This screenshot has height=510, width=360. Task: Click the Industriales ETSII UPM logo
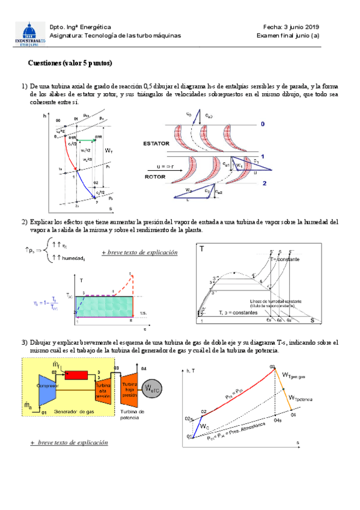(x=28, y=34)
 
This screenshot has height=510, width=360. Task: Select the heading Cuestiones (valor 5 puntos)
(x=70, y=63)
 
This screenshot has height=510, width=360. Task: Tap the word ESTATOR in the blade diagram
(x=156, y=144)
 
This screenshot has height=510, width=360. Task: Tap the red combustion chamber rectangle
(x=76, y=375)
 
